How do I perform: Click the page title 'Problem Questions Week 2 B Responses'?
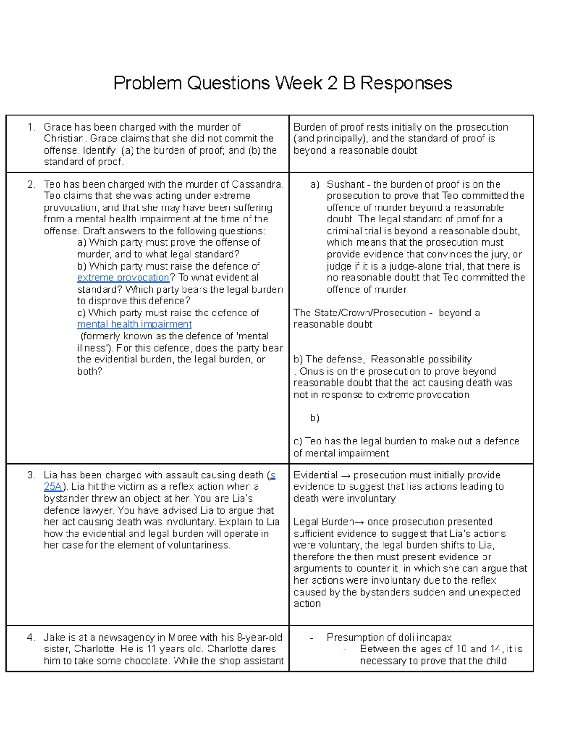283,83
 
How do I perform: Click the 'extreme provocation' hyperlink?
123,278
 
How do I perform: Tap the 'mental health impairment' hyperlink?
134,324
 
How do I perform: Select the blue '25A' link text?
52,487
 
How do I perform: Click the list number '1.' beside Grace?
32,127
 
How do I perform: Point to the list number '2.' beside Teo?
32,184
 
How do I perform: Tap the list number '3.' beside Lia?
32,475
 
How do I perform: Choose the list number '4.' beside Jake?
32,638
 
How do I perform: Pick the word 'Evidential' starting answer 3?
315,475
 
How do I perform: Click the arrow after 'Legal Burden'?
359,522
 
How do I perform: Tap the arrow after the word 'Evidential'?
345,475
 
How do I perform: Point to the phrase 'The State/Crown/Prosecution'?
359,313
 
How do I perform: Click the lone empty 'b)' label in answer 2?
315,418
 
